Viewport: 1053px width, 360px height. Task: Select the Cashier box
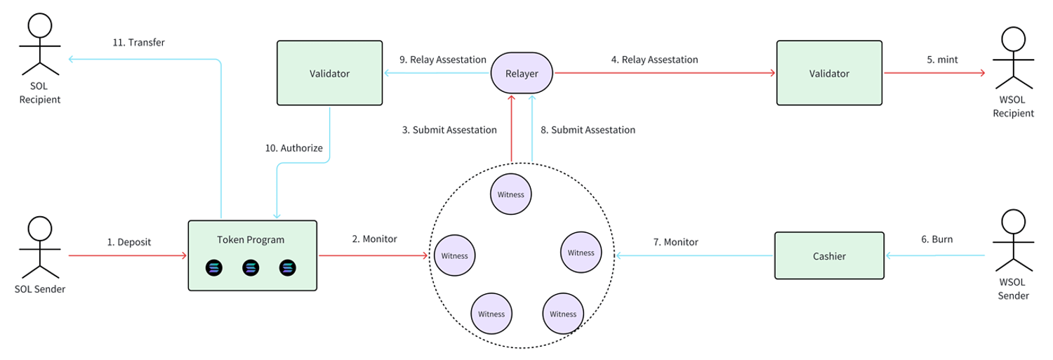(x=829, y=256)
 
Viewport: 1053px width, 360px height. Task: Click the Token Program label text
(x=251, y=240)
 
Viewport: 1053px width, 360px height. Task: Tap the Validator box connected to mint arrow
(x=829, y=73)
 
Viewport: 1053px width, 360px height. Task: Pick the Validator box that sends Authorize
(x=330, y=73)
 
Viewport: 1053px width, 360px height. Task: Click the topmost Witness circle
(x=510, y=194)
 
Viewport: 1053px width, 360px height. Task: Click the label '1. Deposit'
(x=129, y=242)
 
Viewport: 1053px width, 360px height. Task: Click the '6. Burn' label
(x=936, y=239)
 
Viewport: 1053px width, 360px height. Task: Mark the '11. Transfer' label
(x=139, y=42)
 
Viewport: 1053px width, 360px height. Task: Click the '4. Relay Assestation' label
(x=654, y=60)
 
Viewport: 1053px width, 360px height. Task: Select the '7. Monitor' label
(x=675, y=242)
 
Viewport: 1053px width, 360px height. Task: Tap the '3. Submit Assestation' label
(x=449, y=130)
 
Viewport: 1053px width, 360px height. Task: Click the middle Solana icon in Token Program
(x=251, y=267)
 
